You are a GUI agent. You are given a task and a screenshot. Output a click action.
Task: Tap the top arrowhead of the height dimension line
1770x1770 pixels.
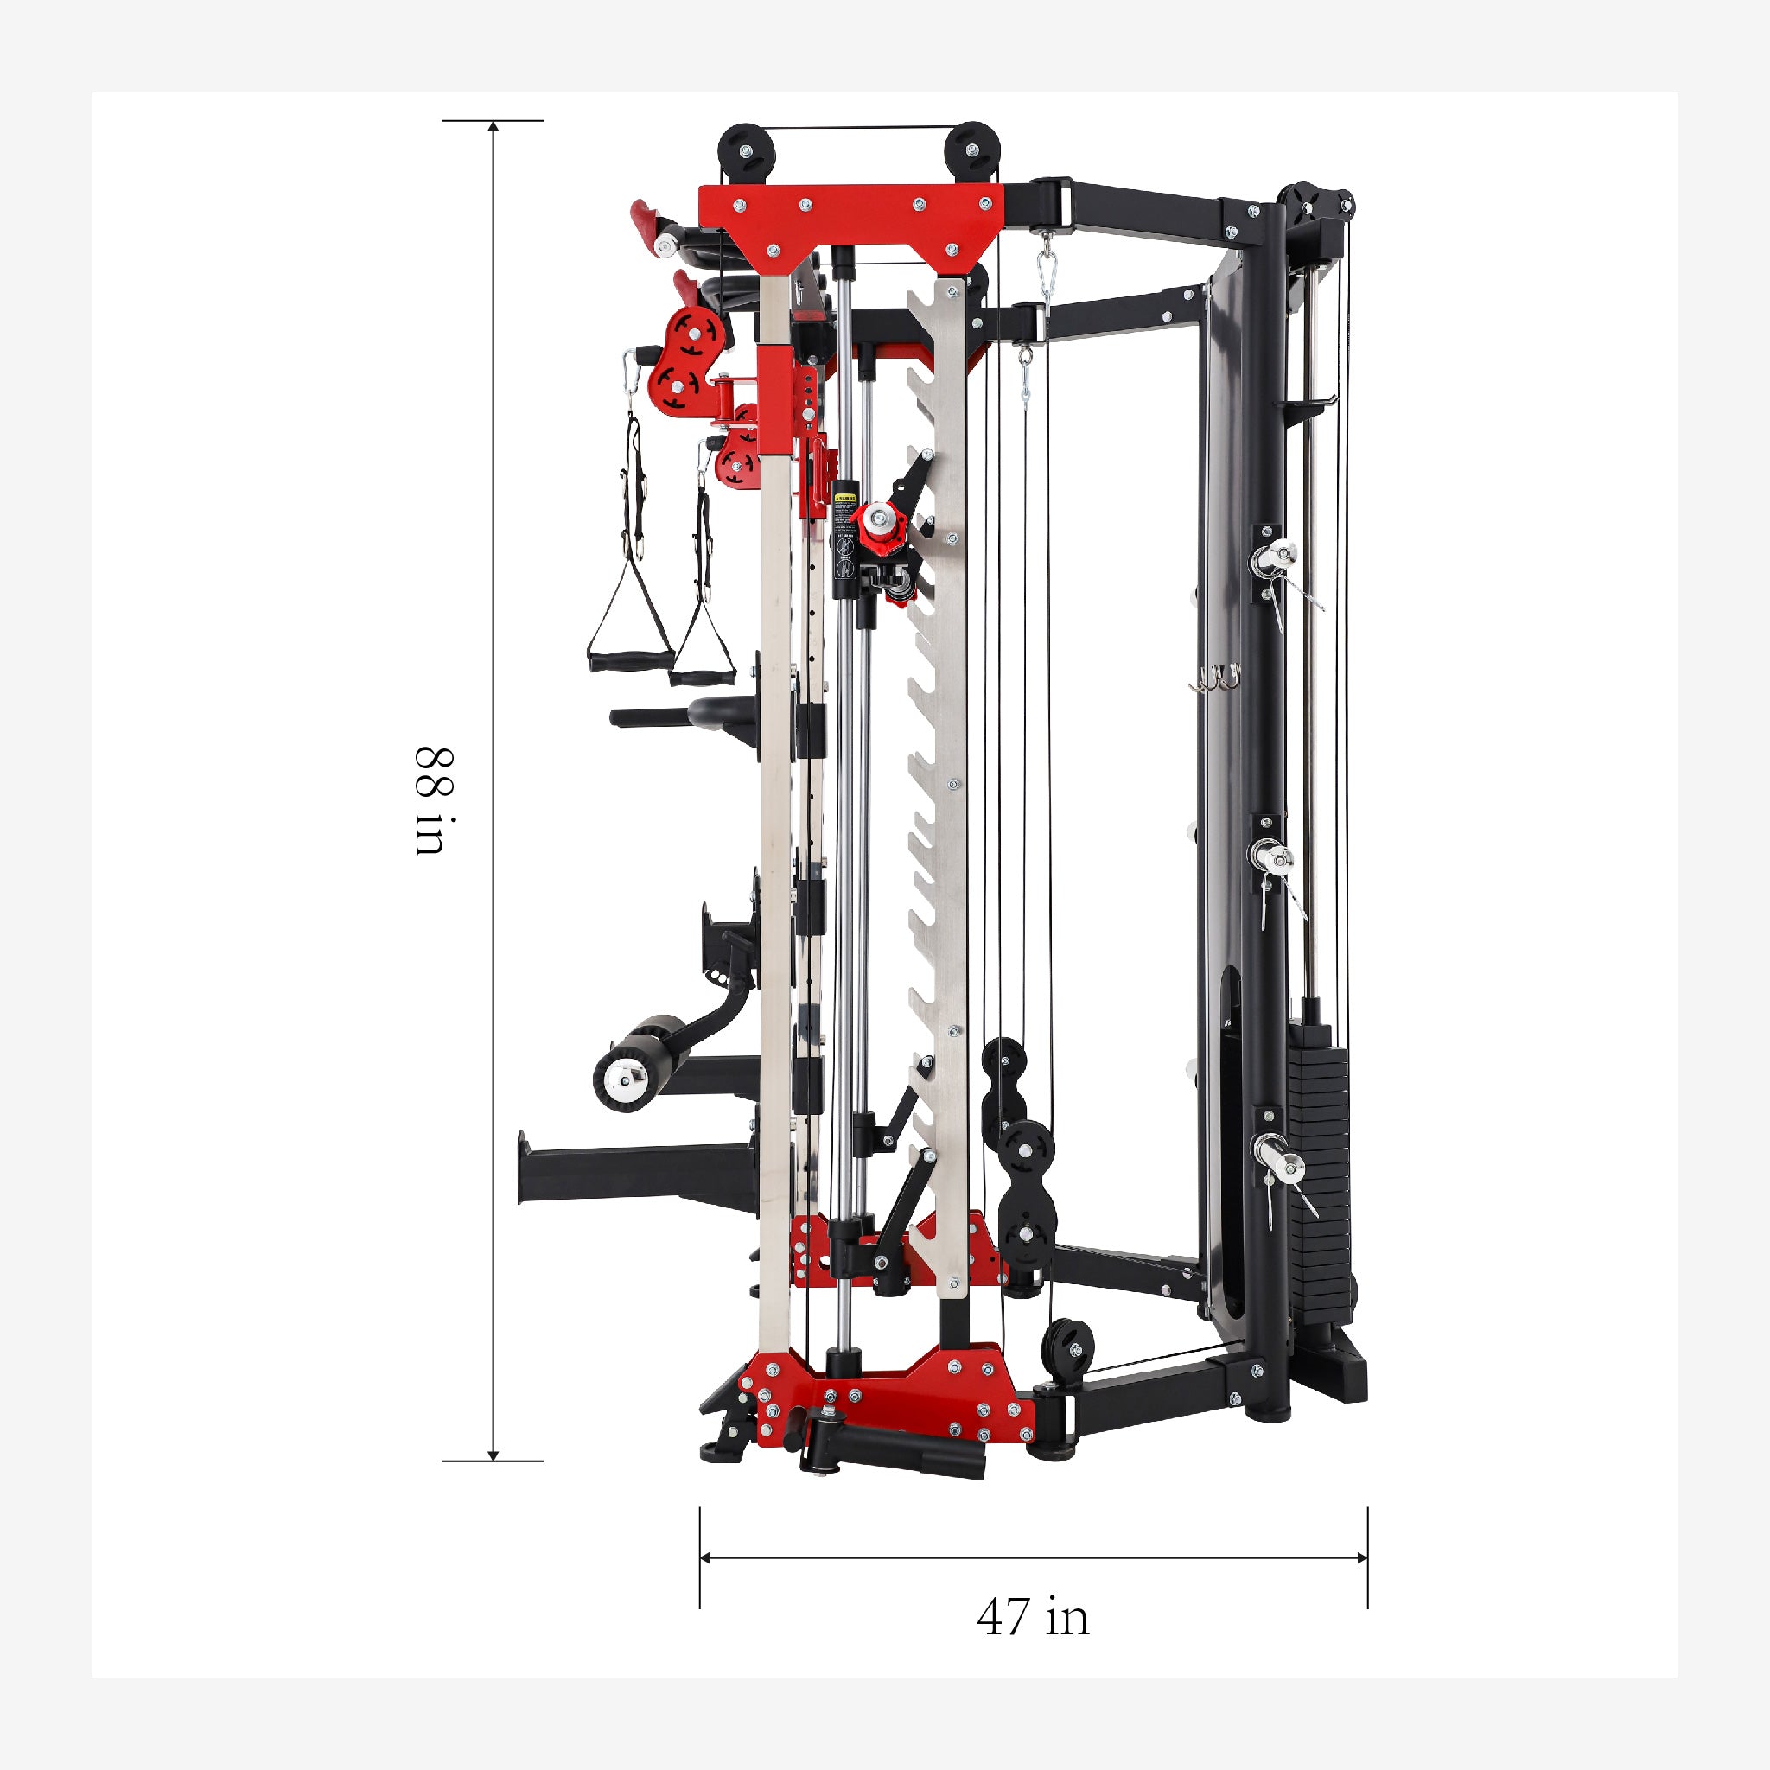(493, 126)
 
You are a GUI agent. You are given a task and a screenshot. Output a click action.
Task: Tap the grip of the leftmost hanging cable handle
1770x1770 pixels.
(615, 659)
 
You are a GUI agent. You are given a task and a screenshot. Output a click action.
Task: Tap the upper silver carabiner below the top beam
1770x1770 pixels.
(1047, 271)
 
